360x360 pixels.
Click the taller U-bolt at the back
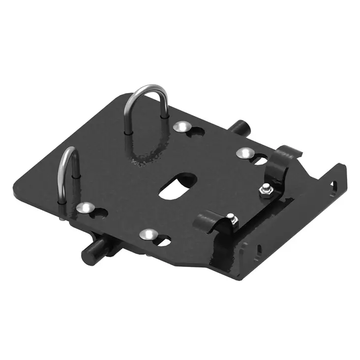[x=148, y=91]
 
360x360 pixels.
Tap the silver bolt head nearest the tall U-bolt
[x=182, y=127]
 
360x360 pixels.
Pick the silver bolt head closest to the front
[x=146, y=234]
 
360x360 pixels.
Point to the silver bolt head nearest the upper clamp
[x=243, y=153]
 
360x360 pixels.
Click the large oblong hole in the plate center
[x=175, y=185]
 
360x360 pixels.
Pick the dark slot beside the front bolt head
[x=162, y=241]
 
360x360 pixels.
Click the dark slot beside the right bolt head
[x=259, y=160]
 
